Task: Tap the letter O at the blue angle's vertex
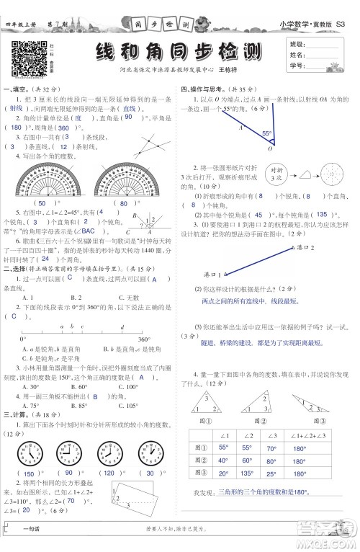click(269, 149)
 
